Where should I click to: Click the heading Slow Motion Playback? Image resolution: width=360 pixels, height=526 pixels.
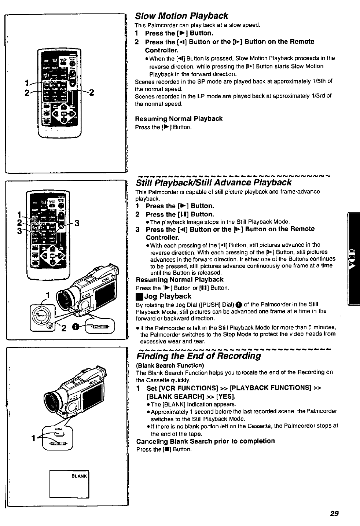(x=182, y=16)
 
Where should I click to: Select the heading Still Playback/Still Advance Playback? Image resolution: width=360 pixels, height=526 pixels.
(x=214, y=183)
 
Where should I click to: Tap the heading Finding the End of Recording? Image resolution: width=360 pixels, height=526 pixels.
(x=198, y=356)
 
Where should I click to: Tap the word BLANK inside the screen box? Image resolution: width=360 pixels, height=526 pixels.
(x=80, y=476)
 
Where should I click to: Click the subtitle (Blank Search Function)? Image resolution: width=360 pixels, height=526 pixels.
(x=170, y=365)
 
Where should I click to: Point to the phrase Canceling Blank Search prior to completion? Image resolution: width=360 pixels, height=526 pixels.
(x=205, y=441)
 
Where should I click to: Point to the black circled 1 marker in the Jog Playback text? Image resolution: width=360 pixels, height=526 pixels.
(x=239, y=304)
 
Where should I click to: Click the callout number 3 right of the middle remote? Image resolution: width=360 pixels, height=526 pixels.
(x=77, y=222)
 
